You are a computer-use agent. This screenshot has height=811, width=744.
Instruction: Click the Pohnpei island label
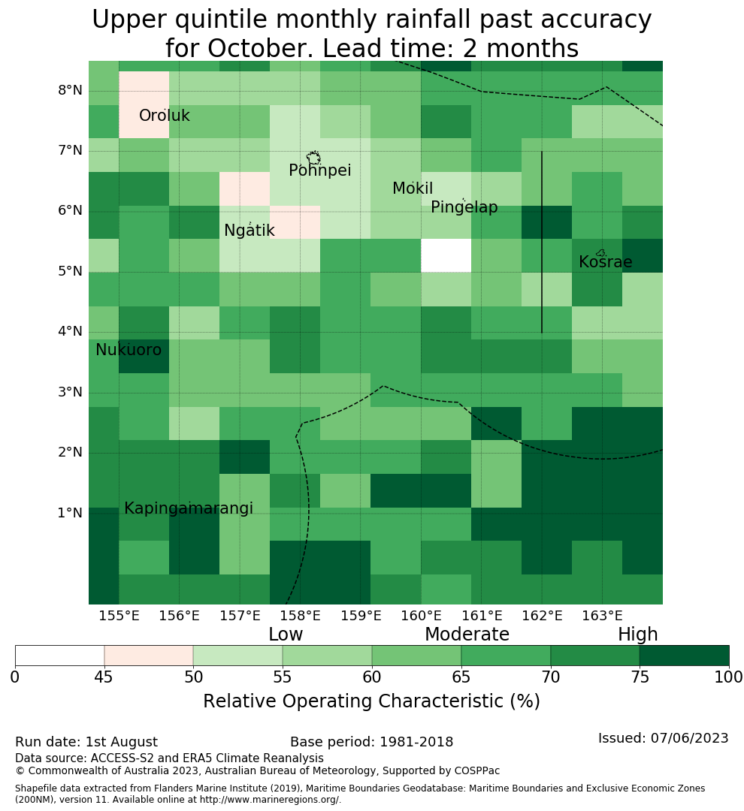point(319,170)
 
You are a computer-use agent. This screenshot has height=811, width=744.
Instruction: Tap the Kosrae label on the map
point(605,262)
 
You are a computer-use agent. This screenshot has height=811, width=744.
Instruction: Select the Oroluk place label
point(164,116)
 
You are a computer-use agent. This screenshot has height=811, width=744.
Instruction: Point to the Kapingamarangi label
point(189,508)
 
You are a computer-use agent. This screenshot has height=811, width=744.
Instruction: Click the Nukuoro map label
point(129,350)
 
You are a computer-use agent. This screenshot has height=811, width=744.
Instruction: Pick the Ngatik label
point(249,231)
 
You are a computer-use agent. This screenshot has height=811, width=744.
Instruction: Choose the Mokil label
point(413,188)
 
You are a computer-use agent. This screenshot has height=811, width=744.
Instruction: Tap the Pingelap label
point(464,207)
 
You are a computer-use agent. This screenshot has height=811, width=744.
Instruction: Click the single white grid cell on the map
point(446,255)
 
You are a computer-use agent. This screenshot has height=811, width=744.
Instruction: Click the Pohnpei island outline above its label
point(313,157)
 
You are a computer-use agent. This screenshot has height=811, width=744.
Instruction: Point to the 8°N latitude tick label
point(71,91)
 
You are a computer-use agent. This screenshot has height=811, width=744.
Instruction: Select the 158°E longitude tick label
point(301,616)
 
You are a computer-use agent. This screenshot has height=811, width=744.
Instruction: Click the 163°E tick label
point(602,616)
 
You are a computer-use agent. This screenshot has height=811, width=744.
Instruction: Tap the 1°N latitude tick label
point(71,513)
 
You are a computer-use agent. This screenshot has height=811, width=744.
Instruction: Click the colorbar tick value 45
point(104,677)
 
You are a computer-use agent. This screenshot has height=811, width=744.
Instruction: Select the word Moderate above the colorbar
point(467,635)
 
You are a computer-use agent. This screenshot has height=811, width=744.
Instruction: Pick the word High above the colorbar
point(637,635)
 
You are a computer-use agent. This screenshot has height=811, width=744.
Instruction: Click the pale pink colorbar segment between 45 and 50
point(149,656)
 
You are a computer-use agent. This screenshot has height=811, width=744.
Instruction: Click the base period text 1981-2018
point(416,742)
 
